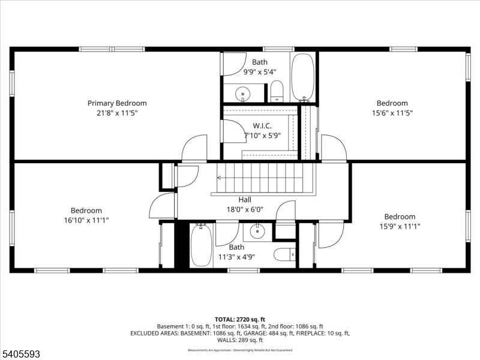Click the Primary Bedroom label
pos(117,103)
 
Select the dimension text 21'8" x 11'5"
pos(117,112)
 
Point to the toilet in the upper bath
pos(277,92)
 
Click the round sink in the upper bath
pos(242,93)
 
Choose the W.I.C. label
pos(262,126)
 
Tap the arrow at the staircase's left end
pos(220,178)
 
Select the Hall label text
pos(244,200)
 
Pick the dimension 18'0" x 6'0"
pos(244,209)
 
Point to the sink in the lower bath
pos(258,230)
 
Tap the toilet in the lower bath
pos(284,254)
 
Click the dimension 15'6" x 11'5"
pos(392,112)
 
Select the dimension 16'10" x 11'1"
pos(86,220)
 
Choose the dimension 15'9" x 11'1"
pos(400,226)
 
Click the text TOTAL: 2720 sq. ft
pos(239,319)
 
